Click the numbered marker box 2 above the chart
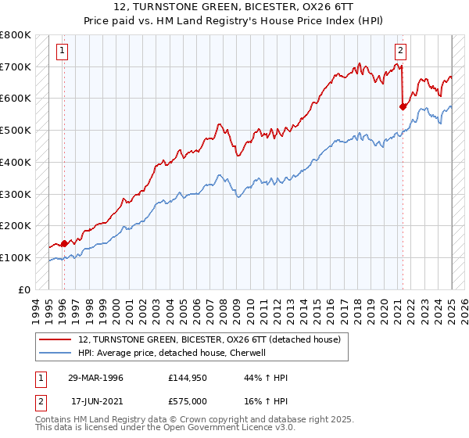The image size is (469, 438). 400,52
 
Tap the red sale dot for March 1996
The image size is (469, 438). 64,242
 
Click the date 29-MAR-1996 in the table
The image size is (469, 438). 95,378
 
